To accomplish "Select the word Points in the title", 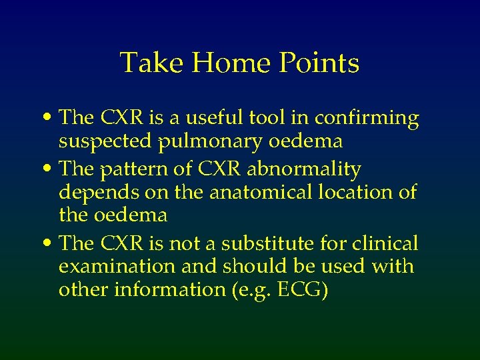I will pyautogui.click(x=320, y=63).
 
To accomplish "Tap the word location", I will pyautogui.click(x=360, y=192).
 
